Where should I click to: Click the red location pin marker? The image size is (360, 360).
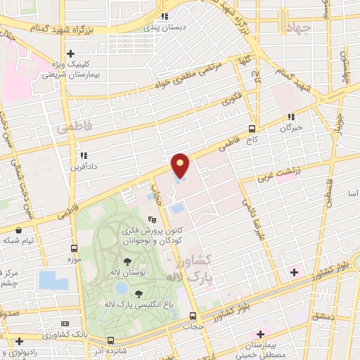coord(181,166)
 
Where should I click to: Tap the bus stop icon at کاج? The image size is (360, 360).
coord(252,129)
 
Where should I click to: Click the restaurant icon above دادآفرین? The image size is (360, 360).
coord(84,155)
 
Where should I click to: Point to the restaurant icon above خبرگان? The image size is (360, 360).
coord(291,117)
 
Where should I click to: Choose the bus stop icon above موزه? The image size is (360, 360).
coord(74,248)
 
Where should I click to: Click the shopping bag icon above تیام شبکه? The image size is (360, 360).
coord(18,229)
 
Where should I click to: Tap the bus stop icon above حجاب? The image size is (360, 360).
coord(193,314)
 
